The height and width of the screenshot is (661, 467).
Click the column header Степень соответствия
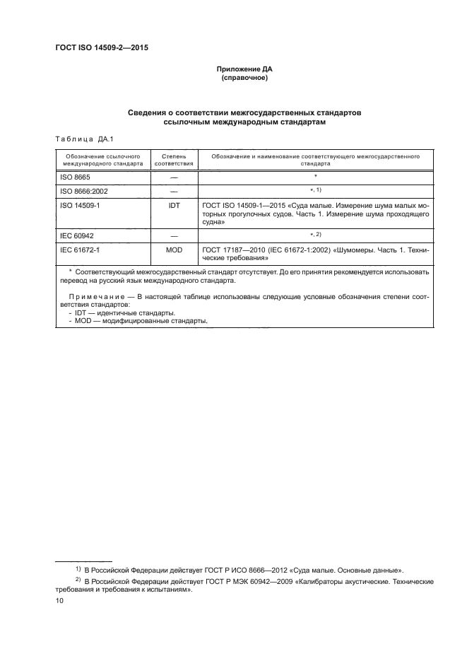[x=173, y=158]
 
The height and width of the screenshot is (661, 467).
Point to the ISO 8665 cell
[x=76, y=177]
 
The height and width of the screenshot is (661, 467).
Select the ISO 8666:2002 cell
[x=84, y=191]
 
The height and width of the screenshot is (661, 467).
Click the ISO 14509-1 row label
[x=81, y=204]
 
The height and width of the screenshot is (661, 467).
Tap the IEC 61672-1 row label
[x=81, y=249]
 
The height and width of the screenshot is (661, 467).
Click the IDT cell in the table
[x=173, y=204]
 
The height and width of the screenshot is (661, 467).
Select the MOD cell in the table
[x=173, y=249]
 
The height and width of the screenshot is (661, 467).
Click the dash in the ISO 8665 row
[x=173, y=177]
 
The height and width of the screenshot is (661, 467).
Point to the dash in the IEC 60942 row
[x=173, y=235]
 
